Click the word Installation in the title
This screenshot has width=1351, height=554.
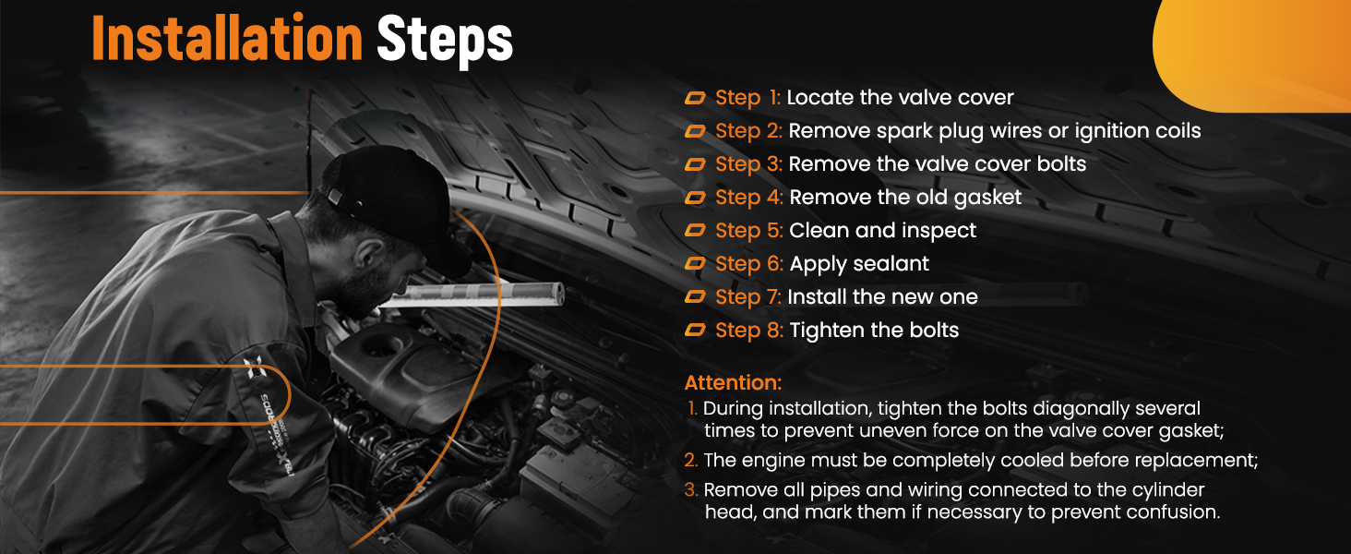(x=227, y=39)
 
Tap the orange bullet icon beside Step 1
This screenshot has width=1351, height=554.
(x=696, y=98)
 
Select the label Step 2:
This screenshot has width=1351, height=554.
(x=748, y=131)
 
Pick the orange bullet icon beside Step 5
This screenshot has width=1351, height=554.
(x=696, y=231)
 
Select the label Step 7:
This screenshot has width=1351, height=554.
(x=747, y=297)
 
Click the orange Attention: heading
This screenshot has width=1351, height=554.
(x=733, y=382)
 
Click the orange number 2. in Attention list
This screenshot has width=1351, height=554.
(x=691, y=461)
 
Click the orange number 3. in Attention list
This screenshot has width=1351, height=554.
(x=691, y=490)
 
